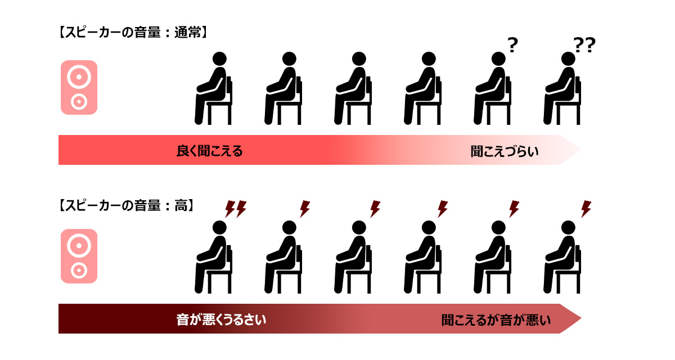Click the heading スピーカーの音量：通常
(133, 33)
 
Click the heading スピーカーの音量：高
(126, 205)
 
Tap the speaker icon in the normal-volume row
(79, 87)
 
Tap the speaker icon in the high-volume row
(79, 256)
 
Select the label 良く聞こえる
(209, 151)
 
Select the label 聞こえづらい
(505, 151)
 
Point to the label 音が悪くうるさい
(221, 319)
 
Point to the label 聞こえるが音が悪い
(496, 320)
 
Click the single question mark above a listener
(512, 45)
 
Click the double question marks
(584, 45)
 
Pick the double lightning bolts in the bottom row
(236, 209)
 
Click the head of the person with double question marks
(568, 58)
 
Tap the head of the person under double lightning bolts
(219, 227)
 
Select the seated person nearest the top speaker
(213, 88)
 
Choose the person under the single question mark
(492, 88)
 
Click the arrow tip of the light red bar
(581, 150)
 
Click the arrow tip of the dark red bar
(581, 318)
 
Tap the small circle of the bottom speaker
(79, 271)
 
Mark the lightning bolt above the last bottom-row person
(586, 209)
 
